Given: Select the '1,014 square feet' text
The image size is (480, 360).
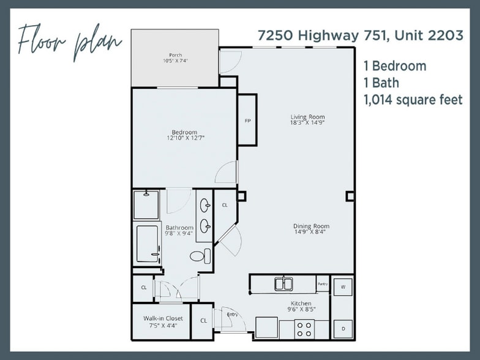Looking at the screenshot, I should point(413,99).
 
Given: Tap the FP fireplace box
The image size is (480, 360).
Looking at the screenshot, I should point(247,121).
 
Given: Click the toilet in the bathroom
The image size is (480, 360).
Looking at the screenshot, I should point(200,255).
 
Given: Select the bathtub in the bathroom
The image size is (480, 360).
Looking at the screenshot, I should point(148,244).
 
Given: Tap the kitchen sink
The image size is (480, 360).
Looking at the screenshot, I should point(283,283).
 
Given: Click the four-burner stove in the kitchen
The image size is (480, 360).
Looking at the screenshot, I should point(304,329).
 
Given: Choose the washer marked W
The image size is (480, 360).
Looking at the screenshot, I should point(342,286).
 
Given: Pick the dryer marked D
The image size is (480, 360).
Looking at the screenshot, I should point(342,329).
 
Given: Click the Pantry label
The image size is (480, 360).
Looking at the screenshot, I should point(323,283).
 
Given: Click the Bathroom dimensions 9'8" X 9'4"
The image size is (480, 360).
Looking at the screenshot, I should point(179,233).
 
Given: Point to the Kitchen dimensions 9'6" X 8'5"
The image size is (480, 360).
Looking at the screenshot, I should point(301,310).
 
